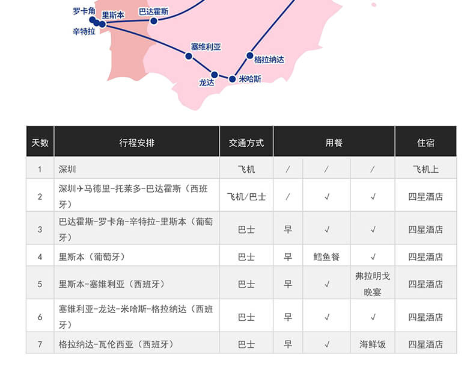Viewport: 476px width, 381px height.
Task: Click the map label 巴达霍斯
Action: (154, 11)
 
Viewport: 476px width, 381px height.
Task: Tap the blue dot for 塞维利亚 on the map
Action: (189, 56)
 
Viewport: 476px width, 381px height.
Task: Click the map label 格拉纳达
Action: (269, 60)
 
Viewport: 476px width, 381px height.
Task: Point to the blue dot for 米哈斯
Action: (232, 79)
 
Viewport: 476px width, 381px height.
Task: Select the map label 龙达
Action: (207, 82)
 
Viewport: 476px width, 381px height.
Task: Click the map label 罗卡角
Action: (84, 11)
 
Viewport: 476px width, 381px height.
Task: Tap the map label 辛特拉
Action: (84, 31)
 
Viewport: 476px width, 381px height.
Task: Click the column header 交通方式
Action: (246, 143)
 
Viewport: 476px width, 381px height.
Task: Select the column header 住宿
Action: (426, 143)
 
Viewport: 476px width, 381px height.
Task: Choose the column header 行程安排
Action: (137, 143)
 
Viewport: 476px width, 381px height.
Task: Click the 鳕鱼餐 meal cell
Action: (326, 257)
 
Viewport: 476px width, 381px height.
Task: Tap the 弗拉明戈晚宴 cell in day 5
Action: (373, 284)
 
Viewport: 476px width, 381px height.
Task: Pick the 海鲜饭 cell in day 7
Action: (373, 344)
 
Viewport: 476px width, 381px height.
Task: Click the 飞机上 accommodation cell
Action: (426, 169)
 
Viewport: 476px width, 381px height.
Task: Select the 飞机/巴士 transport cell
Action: (246, 197)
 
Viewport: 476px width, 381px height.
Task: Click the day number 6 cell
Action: (40, 317)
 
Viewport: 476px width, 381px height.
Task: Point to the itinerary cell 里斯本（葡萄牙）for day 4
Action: (92, 257)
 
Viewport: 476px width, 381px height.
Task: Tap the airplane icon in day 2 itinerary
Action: (80, 189)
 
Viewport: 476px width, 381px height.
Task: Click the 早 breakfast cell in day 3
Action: (288, 229)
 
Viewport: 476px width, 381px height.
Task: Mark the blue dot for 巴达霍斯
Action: (154, 21)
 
